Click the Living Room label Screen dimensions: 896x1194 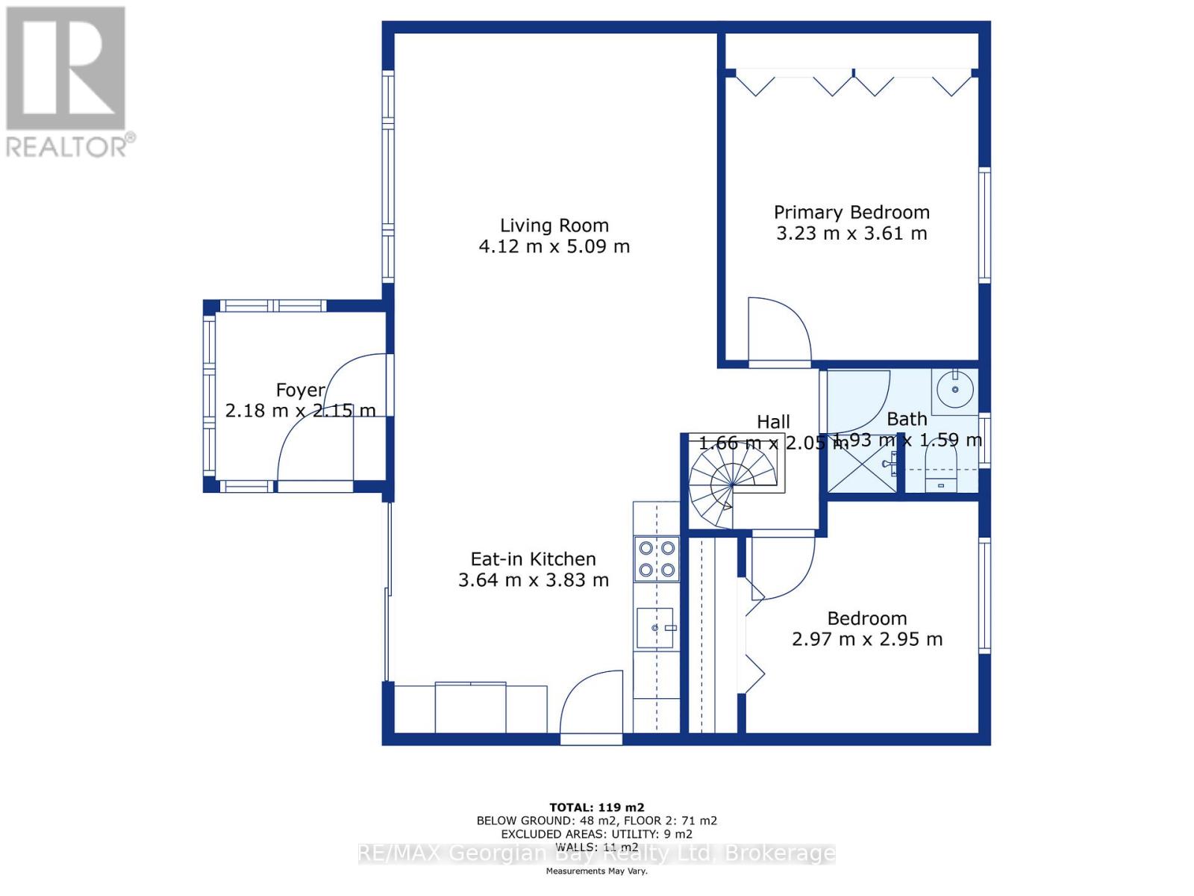click(x=554, y=225)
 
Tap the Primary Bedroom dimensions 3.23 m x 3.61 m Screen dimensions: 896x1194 click(x=851, y=234)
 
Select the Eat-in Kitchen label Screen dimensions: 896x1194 click(x=533, y=559)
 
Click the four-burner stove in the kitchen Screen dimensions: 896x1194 click(x=657, y=559)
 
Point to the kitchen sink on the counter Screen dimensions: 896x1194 click(x=656, y=628)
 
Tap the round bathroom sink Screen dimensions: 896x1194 click(x=954, y=389)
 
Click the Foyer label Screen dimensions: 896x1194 click(x=301, y=390)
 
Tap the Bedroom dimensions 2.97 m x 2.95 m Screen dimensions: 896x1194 click(x=866, y=640)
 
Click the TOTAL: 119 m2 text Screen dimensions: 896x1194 click(x=596, y=807)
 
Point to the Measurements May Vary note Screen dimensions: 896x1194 click(x=596, y=871)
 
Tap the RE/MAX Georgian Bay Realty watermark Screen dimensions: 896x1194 click(x=596, y=853)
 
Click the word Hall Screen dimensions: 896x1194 click(x=773, y=422)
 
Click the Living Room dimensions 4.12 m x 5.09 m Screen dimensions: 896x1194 click(x=554, y=246)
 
